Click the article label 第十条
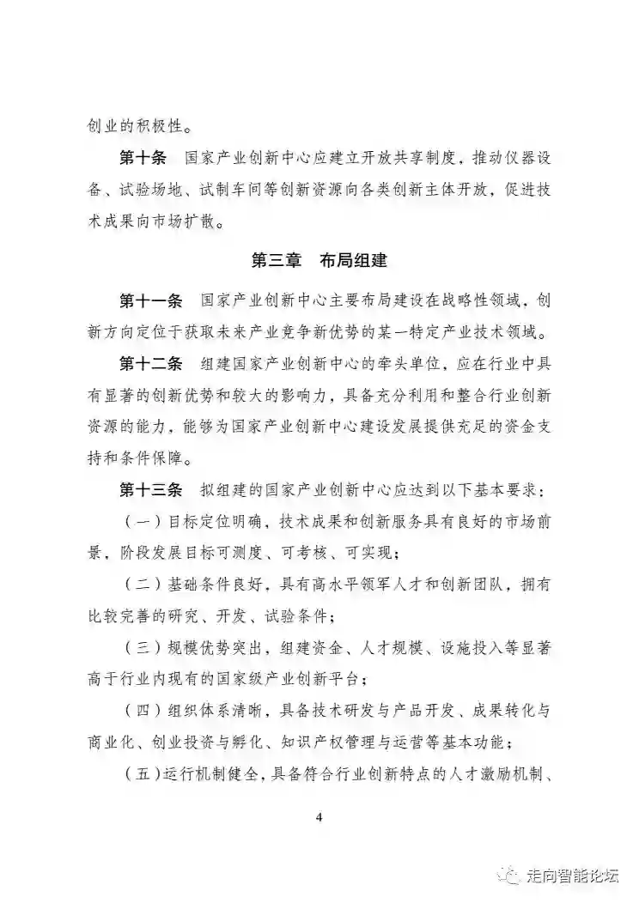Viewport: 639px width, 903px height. pos(143,159)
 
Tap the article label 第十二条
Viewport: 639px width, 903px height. pos(150,364)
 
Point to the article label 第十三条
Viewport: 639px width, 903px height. pos(150,490)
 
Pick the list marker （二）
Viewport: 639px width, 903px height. pos(143,585)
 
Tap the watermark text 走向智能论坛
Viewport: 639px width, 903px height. pos(571,875)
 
